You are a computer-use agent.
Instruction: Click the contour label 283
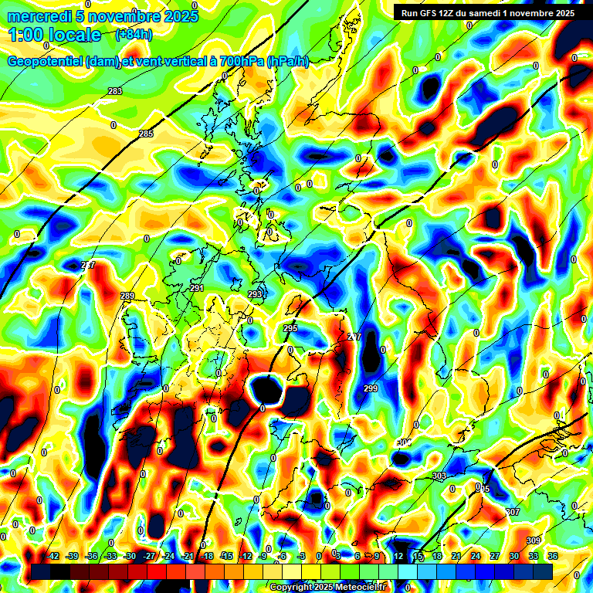tap(115, 92)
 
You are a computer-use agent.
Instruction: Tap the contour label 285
tap(146, 134)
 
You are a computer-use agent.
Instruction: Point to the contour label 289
tap(127, 296)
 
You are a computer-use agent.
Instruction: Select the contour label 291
tap(197, 288)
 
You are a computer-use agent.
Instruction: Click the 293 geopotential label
tap(255, 295)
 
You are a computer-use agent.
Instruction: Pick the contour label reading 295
tap(290, 329)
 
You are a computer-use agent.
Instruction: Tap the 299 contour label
tap(371, 388)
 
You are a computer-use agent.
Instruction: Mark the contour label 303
tap(439, 476)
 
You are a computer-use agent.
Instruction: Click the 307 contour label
tap(513, 513)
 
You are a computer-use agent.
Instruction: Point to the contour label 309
tap(533, 540)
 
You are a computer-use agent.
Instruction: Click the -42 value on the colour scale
tap(53, 556)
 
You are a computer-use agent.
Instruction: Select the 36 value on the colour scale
tap(552, 556)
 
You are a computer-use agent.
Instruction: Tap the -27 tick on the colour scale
tap(149, 556)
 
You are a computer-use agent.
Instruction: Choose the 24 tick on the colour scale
tap(475, 556)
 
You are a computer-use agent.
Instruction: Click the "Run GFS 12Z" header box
tap(484, 12)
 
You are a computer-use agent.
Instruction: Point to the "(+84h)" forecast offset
tap(133, 35)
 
